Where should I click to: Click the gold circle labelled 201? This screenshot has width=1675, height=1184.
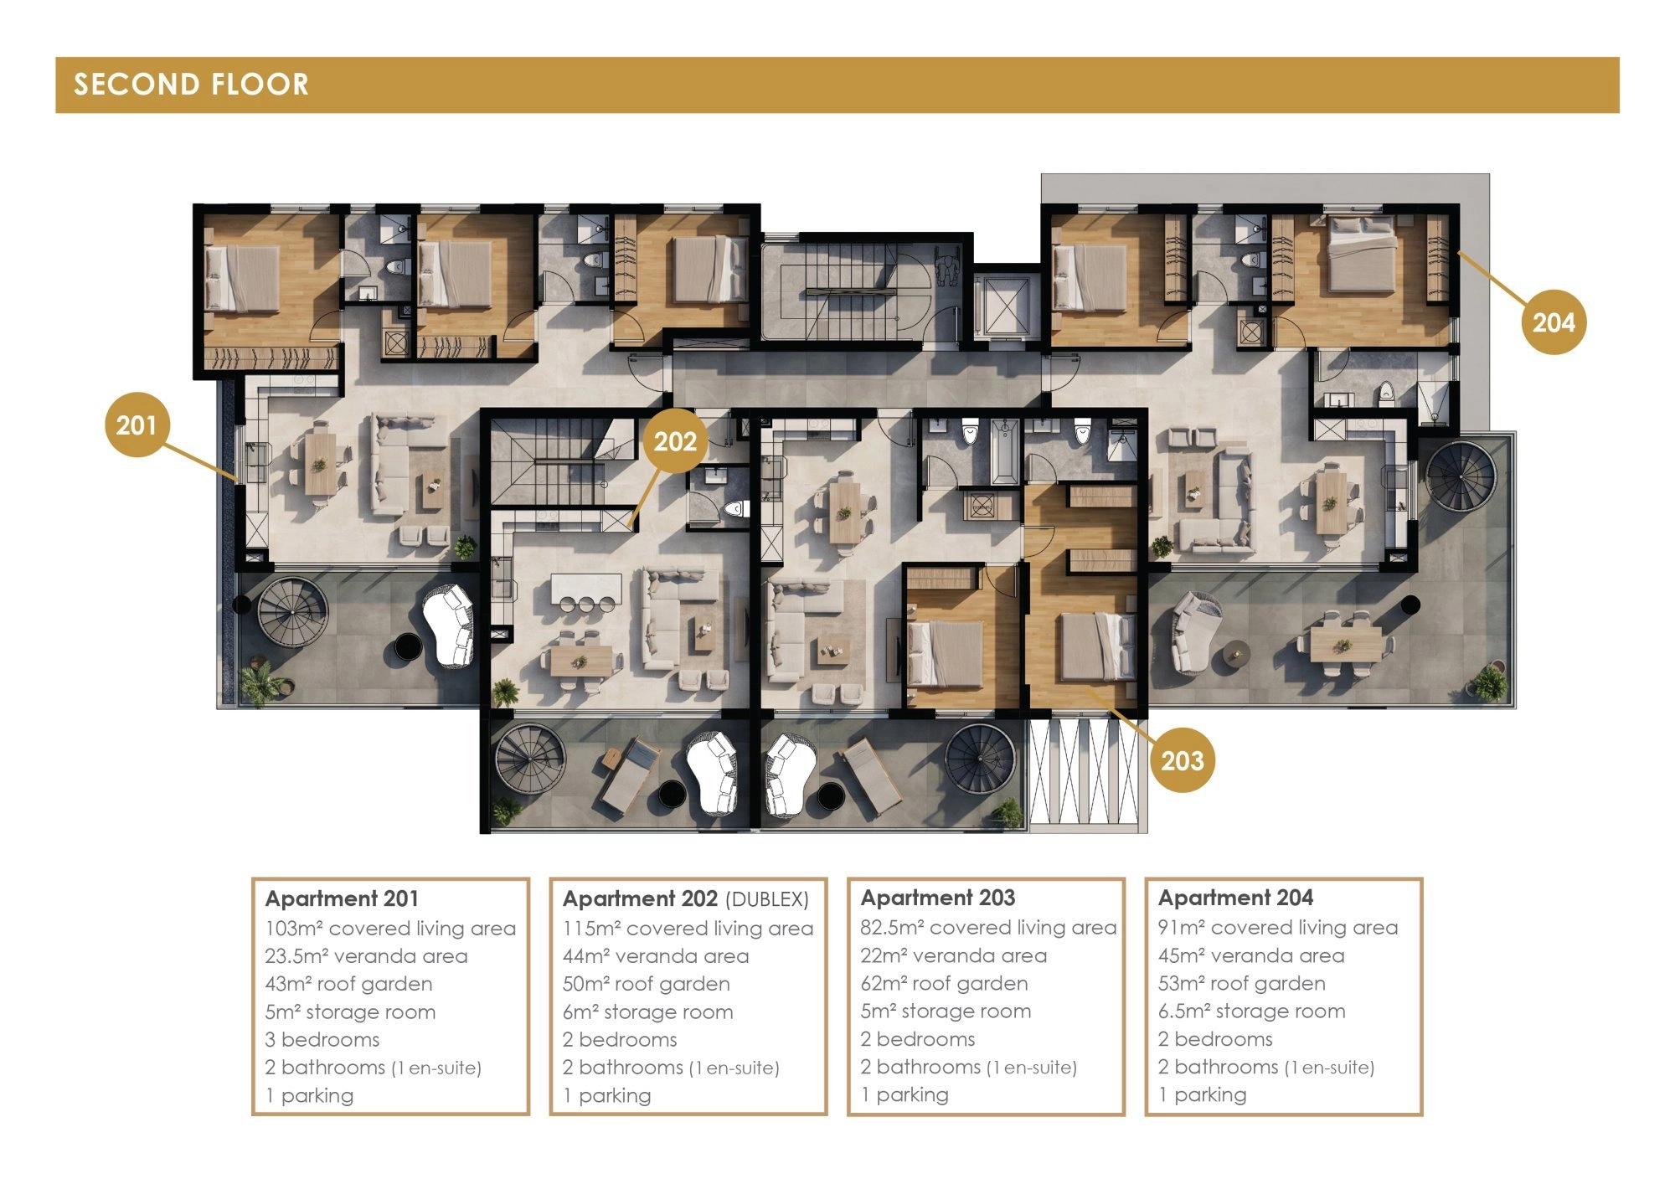(137, 425)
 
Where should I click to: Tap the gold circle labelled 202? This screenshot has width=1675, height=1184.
(675, 441)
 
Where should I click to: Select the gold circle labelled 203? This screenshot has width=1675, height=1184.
(1182, 760)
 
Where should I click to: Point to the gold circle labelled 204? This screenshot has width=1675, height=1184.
(1554, 322)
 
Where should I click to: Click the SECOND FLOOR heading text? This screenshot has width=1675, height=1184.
(192, 85)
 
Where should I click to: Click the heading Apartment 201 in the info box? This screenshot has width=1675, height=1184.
(342, 898)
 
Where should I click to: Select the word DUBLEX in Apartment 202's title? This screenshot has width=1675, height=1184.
(767, 899)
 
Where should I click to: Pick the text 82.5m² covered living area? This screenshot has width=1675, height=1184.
(988, 927)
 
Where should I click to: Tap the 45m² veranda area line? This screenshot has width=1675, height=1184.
(1251, 955)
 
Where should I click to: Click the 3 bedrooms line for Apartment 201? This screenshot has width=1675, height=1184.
(322, 1039)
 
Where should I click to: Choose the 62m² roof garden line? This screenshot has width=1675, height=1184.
(944, 983)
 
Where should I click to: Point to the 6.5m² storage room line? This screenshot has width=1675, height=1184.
(1251, 1011)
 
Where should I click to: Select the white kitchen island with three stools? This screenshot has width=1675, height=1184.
(586, 588)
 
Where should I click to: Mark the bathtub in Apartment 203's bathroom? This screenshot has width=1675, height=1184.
(1005, 452)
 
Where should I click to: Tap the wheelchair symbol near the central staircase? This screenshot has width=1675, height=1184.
(947, 268)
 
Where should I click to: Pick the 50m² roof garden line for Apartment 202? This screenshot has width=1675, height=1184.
(646, 984)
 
